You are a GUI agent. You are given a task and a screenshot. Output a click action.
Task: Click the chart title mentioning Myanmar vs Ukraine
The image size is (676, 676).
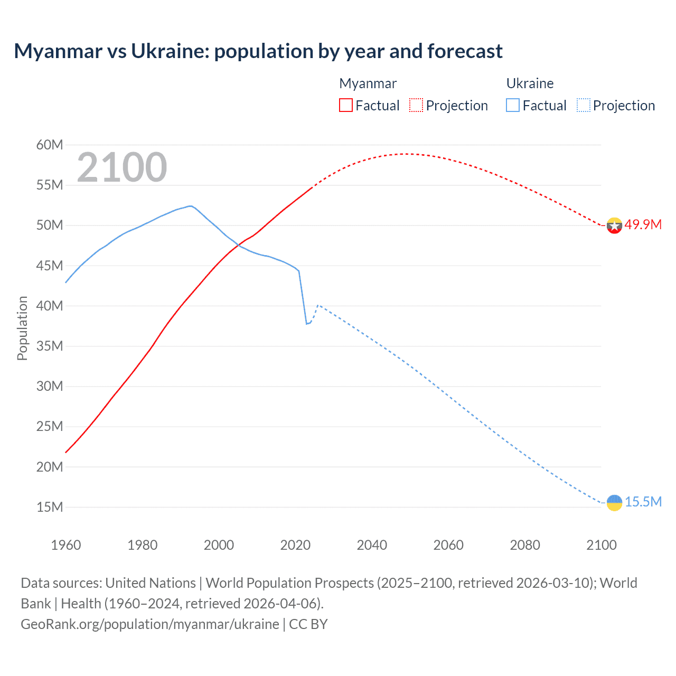pyautogui.click(x=258, y=51)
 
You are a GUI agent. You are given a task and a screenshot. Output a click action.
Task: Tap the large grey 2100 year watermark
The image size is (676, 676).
pyautogui.click(x=122, y=167)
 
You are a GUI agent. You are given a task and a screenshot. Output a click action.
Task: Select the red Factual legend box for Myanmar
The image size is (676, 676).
pyautogui.click(x=346, y=105)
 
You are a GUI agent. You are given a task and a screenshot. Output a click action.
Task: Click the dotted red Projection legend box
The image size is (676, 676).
pyautogui.click(x=416, y=105)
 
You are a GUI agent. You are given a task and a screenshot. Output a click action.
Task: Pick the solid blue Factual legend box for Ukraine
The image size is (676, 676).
pyautogui.click(x=513, y=105)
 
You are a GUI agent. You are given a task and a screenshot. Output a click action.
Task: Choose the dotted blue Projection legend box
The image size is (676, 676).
pyautogui.click(x=584, y=105)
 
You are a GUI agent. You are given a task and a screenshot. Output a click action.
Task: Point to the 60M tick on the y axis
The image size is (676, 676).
pyautogui.click(x=50, y=145)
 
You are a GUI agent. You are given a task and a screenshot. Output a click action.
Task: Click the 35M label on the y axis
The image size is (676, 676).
pyautogui.click(x=50, y=346)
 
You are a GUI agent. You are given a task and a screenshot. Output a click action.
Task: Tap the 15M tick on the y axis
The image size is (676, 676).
pyautogui.click(x=50, y=507)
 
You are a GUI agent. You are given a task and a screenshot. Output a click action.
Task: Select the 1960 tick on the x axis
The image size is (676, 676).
pyautogui.click(x=66, y=545)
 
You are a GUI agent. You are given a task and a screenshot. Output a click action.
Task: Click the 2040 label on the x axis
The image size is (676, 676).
pyautogui.click(x=372, y=545)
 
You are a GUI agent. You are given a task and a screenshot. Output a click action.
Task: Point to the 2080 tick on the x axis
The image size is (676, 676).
pyautogui.click(x=525, y=545)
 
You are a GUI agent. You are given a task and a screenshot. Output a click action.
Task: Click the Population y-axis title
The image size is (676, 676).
pyautogui.click(x=22, y=328)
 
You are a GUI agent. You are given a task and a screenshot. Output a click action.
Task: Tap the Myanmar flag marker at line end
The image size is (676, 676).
pyautogui.click(x=614, y=226)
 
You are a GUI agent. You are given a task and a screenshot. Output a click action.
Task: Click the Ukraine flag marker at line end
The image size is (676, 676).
pyautogui.click(x=614, y=502)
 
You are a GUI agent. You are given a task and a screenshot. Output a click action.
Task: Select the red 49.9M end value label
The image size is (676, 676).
pyautogui.click(x=643, y=224)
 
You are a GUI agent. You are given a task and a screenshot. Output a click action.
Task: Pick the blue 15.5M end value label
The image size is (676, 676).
pyautogui.click(x=643, y=502)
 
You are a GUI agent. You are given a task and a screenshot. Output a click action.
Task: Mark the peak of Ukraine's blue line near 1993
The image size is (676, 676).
pyautogui.click(x=191, y=206)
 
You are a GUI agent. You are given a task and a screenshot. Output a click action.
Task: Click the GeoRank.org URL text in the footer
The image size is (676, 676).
pyautogui.click(x=149, y=624)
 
